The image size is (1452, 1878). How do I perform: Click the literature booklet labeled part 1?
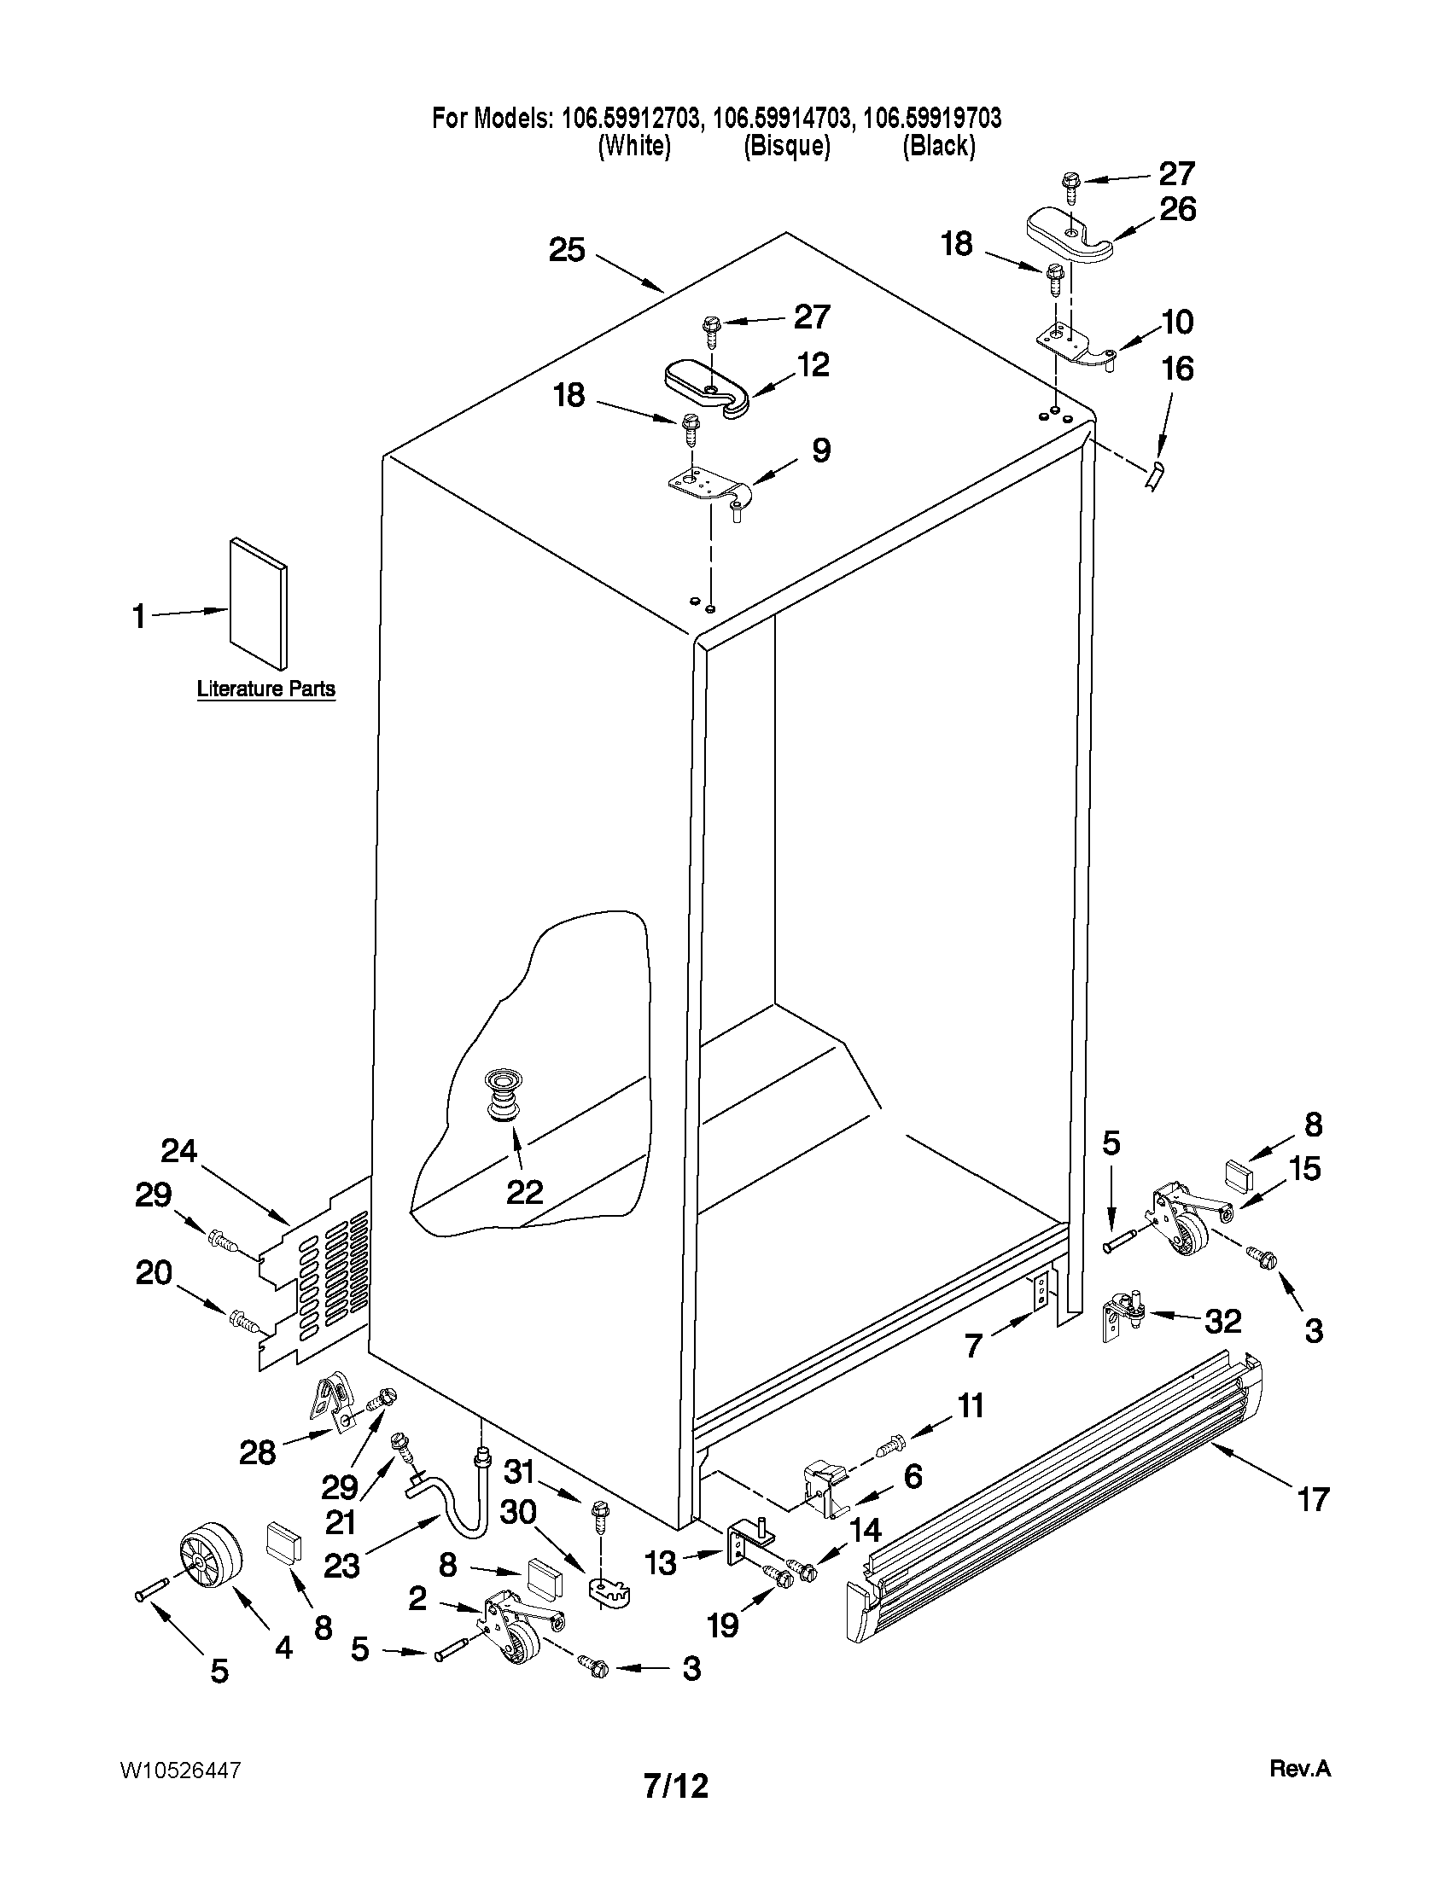click(258, 602)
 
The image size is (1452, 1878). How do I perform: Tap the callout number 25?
click(567, 250)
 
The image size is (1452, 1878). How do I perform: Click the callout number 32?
click(1222, 1321)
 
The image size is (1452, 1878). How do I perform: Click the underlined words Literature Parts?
click(265, 689)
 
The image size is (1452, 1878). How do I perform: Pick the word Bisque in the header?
click(786, 146)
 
